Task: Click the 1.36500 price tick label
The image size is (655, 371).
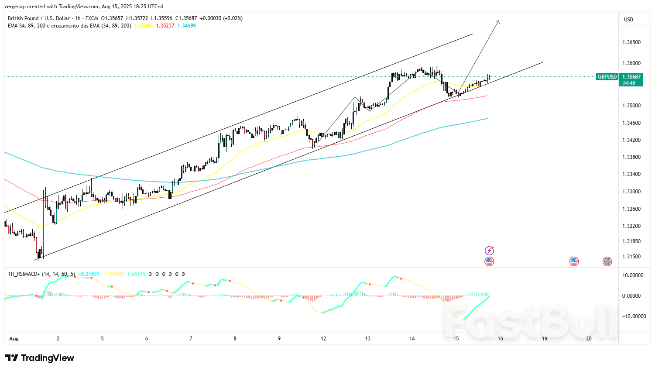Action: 631,42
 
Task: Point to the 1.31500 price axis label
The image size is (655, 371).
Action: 631,257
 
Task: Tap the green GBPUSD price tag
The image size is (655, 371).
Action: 607,77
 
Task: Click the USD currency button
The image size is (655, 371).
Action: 628,20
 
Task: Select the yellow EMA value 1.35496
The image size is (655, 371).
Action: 144,26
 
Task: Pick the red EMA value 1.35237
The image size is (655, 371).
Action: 165,26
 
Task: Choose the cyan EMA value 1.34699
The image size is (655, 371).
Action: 187,26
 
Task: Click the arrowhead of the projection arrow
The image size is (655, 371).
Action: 498,21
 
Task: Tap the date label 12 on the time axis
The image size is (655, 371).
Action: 323,339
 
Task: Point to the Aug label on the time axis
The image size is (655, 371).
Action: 14,339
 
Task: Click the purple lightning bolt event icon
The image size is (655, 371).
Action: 490,251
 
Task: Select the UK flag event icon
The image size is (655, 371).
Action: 607,261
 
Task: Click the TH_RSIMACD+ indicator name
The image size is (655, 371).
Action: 24,274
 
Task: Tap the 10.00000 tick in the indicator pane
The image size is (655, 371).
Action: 633,275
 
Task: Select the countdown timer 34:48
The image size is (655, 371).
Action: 629,83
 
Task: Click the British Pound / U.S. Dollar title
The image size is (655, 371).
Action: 39,18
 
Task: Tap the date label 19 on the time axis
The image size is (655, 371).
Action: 545,339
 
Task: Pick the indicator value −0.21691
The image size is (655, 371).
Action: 89,274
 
